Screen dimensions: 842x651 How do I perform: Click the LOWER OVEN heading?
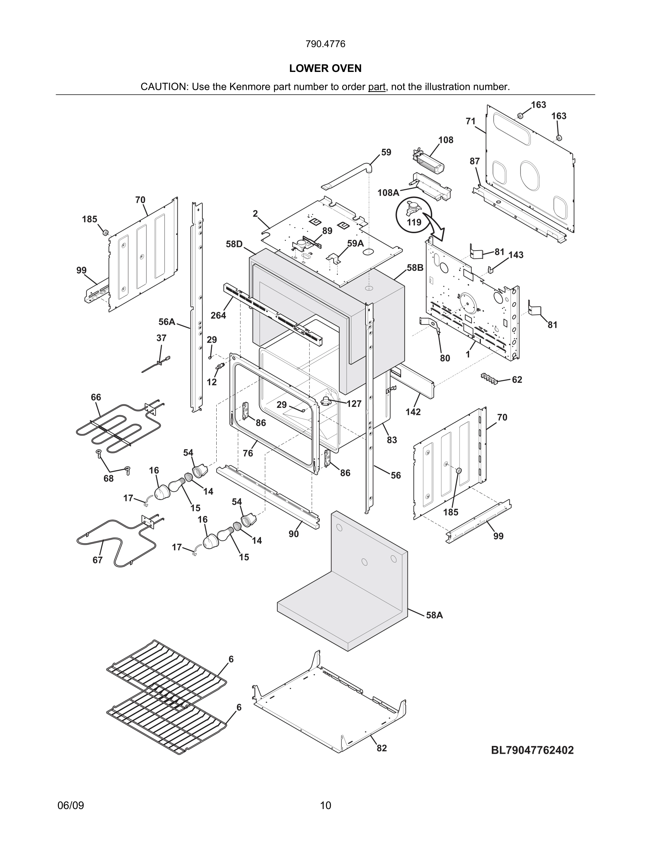coord(325,68)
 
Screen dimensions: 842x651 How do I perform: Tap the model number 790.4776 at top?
coord(325,44)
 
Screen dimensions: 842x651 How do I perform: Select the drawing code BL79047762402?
coord(532,750)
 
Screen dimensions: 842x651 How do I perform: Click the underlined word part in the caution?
coord(377,87)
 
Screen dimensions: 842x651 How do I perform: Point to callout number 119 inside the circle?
coord(414,223)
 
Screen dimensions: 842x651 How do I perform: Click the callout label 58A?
coord(434,615)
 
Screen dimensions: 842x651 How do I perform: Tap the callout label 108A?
coord(388,192)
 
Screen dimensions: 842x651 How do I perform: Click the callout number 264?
coord(218,315)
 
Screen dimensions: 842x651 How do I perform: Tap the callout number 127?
coord(354,404)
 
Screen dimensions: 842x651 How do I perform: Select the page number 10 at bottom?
coord(325,805)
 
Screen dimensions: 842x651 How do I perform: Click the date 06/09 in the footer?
coord(71,805)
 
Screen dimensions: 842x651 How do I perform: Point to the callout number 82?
coord(382,748)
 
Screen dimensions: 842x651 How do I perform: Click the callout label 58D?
coord(234,244)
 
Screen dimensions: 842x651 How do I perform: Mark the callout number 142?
coord(413,412)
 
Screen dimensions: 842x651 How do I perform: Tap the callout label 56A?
coord(167,321)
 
